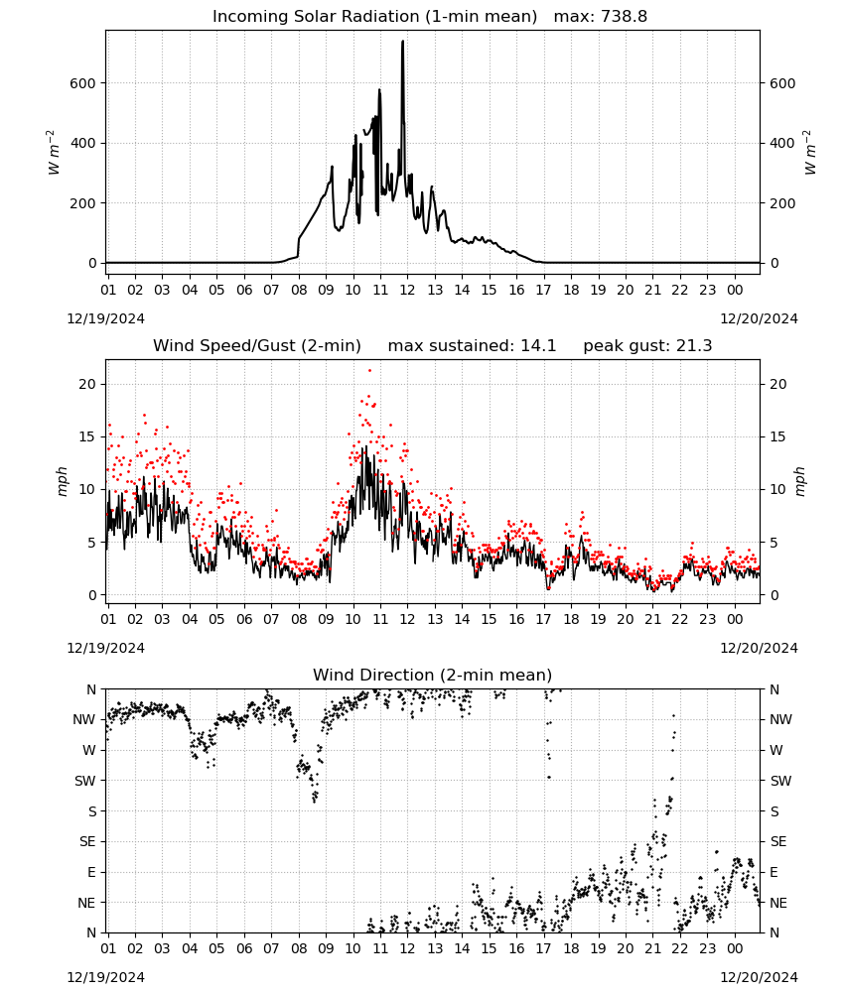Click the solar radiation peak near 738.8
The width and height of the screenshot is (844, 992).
click(x=403, y=42)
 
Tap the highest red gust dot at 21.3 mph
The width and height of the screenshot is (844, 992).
click(x=369, y=371)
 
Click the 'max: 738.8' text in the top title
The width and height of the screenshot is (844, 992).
click(x=601, y=16)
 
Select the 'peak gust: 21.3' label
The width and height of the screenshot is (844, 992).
click(x=647, y=346)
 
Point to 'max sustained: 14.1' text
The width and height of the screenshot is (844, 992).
click(x=472, y=346)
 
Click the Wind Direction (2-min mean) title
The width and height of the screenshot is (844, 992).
click(x=433, y=675)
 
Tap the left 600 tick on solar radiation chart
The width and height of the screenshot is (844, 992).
click(x=83, y=83)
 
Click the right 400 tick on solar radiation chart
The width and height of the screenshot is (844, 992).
click(x=782, y=143)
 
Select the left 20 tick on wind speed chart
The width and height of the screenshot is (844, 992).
click(x=87, y=384)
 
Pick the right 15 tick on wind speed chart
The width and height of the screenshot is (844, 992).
click(x=778, y=436)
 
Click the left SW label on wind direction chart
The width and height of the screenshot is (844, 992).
click(x=84, y=781)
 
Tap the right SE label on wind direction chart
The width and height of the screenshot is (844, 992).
click(x=778, y=841)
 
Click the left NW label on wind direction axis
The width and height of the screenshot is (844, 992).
click(x=84, y=720)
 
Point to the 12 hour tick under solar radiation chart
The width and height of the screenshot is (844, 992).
click(x=407, y=290)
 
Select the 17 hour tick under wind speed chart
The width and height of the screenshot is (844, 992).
click(x=543, y=619)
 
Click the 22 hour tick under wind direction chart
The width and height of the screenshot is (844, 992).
click(x=679, y=948)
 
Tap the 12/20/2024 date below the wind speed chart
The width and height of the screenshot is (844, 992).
click(x=759, y=648)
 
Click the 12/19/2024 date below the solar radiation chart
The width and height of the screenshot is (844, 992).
click(x=105, y=318)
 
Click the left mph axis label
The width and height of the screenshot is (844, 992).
click(x=62, y=481)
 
